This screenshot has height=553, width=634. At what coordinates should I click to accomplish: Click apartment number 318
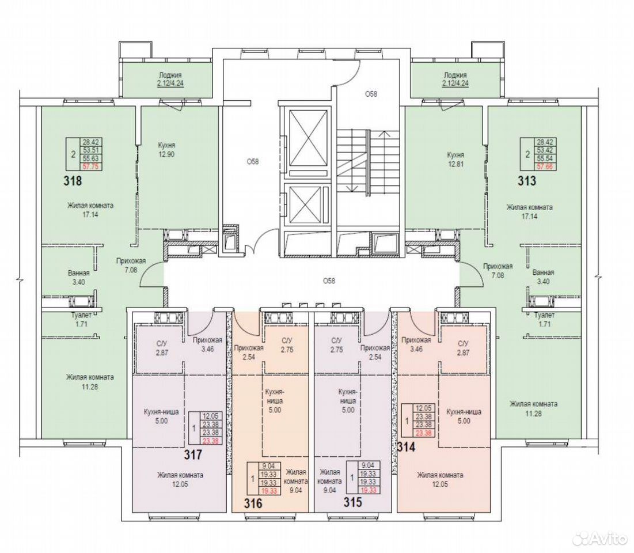coord(73,180)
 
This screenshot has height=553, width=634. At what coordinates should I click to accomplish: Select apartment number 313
coord(527,180)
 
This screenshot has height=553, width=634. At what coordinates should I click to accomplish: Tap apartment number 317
coord(193,454)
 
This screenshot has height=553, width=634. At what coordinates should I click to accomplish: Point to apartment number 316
coord(253,503)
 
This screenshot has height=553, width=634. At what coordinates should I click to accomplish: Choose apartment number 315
coord(352,502)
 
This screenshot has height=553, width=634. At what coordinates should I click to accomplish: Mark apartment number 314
coord(407,447)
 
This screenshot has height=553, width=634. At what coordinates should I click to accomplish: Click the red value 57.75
coord(92,166)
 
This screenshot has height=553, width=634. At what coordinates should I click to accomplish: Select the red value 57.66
coord(546,166)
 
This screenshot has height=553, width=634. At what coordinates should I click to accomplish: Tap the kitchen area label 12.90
coord(166,154)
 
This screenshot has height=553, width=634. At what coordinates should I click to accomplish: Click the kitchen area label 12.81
coord(455,164)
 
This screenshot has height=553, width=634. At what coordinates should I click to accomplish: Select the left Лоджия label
coord(170,75)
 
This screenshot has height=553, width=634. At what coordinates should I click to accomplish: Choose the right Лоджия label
coord(455,75)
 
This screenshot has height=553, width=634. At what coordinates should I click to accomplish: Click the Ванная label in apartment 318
coord(79,273)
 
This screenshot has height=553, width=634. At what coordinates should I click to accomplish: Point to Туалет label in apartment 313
coord(544,315)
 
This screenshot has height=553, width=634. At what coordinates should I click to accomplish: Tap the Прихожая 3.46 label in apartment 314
coord(416,344)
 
